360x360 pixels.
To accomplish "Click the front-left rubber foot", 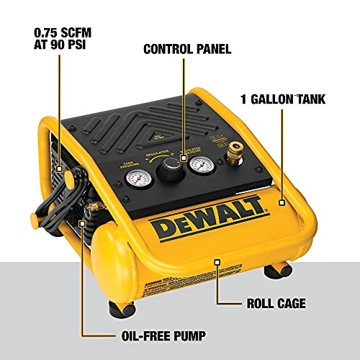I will (x=122, y=307).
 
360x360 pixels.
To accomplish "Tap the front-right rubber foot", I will (x=274, y=271).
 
